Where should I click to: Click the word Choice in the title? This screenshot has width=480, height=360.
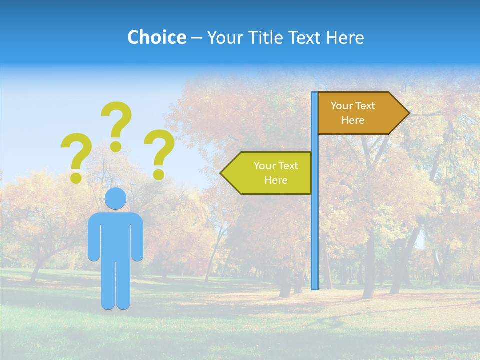[x=156, y=37]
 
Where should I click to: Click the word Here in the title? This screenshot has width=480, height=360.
[x=345, y=37]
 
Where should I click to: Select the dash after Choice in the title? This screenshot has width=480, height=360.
[x=196, y=38]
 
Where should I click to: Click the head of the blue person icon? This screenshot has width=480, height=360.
[x=116, y=198]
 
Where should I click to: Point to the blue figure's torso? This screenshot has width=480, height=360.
[x=116, y=235]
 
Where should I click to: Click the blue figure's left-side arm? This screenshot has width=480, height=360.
[x=93, y=237]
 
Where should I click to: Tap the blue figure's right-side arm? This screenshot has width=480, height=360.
[x=138, y=237]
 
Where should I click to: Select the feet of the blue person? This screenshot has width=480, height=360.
[x=116, y=304]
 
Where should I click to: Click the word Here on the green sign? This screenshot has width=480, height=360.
[x=276, y=180]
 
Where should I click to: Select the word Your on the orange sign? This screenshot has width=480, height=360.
[x=342, y=106]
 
